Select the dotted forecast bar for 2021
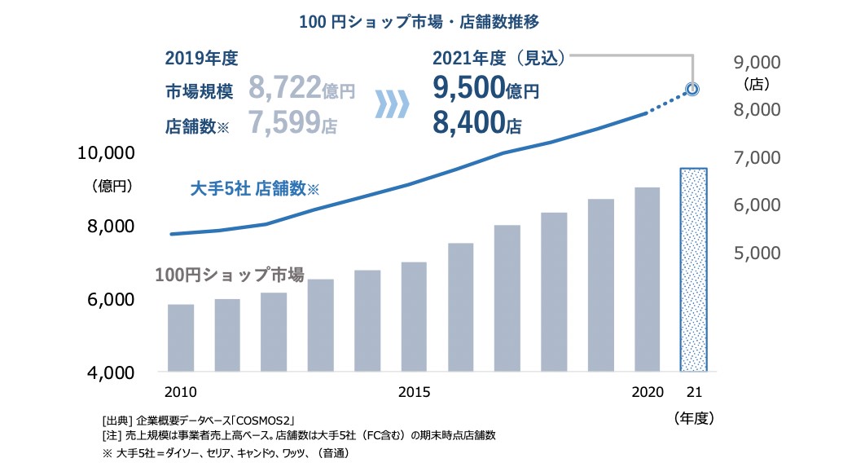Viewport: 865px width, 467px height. pyautogui.click(x=693, y=270)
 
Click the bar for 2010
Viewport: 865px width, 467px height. pyautogui.click(x=181, y=338)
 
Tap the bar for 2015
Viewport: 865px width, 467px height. pyautogui.click(x=414, y=317)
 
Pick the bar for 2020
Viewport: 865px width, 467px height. pyautogui.click(x=647, y=280)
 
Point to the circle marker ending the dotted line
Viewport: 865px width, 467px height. pyautogui.click(x=692, y=89)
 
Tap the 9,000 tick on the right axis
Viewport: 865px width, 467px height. pyautogui.click(x=757, y=63)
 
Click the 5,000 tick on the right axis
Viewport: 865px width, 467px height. pyautogui.click(x=757, y=253)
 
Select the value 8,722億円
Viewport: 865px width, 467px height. pyautogui.click(x=302, y=88)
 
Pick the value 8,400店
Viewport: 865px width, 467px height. pyautogui.click(x=476, y=123)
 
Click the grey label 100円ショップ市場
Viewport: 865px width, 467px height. pyautogui.click(x=229, y=275)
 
